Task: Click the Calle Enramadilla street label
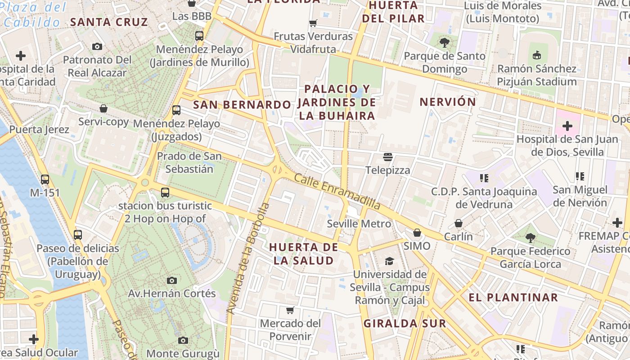point(337,192)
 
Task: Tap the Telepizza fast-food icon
point(388,157)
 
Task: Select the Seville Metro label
point(359,224)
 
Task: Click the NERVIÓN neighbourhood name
point(448,102)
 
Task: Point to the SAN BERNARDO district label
point(242,105)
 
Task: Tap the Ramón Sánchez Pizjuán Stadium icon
point(536,55)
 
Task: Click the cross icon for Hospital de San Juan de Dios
point(567,126)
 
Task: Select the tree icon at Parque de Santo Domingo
point(445,43)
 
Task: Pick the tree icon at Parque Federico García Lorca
point(530,238)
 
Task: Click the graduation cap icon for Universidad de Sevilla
point(389,261)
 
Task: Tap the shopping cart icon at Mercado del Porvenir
point(290,310)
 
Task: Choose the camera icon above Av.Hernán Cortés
point(171,280)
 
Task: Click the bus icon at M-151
point(45,179)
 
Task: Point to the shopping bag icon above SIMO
point(417,233)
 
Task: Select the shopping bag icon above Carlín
point(458,223)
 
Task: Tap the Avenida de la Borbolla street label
point(248,258)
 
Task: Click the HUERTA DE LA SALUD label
point(304,254)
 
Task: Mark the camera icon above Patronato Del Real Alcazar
point(97,46)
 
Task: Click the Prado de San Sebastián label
point(189,162)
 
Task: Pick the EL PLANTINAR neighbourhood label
point(513,297)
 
